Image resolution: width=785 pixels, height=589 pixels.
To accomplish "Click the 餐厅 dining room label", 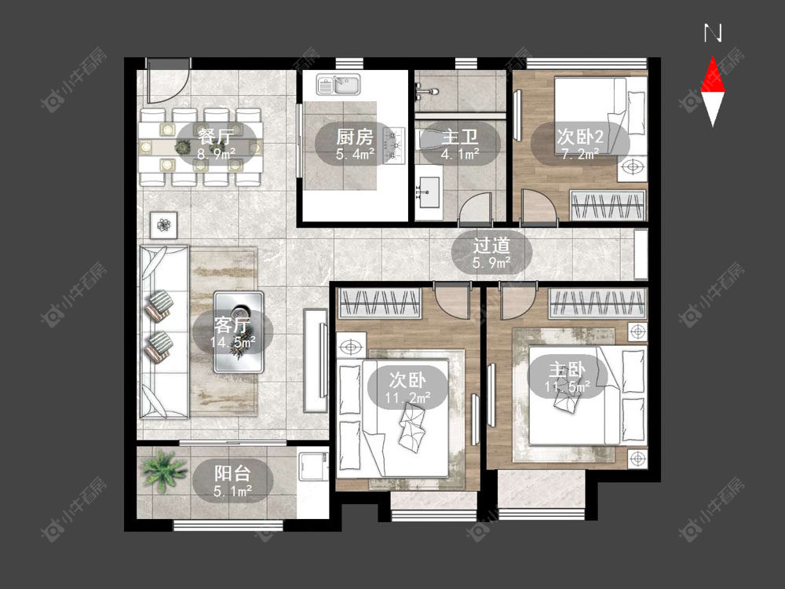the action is pos(215,136).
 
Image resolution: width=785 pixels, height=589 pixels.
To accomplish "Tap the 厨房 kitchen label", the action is pos(355,136).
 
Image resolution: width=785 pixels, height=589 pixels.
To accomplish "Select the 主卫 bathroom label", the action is pos(460,136).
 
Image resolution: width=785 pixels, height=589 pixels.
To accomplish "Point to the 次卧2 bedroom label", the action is pos(580,136).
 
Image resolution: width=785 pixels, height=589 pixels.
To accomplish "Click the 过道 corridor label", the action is pos(491,245).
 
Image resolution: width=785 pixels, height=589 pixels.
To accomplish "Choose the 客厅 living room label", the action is pos(232,325).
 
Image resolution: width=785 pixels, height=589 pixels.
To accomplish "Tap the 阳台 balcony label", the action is pos(232,474).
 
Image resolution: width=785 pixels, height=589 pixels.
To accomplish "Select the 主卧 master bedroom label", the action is pos(568,370).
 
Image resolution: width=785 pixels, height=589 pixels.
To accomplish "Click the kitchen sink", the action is pos(338,85).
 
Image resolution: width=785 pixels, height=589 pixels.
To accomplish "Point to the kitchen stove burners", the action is pos(393,145).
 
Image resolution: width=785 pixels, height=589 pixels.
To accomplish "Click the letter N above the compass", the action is pos(713,33).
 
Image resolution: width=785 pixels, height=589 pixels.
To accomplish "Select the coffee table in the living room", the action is pos(239,332).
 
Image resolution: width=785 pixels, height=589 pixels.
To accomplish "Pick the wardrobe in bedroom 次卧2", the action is pos(608,205).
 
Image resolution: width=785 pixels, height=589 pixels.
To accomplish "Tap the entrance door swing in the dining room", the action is pos(168,82).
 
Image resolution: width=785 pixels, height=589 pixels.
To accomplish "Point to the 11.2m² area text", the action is pos(408,397).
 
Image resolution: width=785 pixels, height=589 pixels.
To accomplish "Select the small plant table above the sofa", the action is pos(164,225).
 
